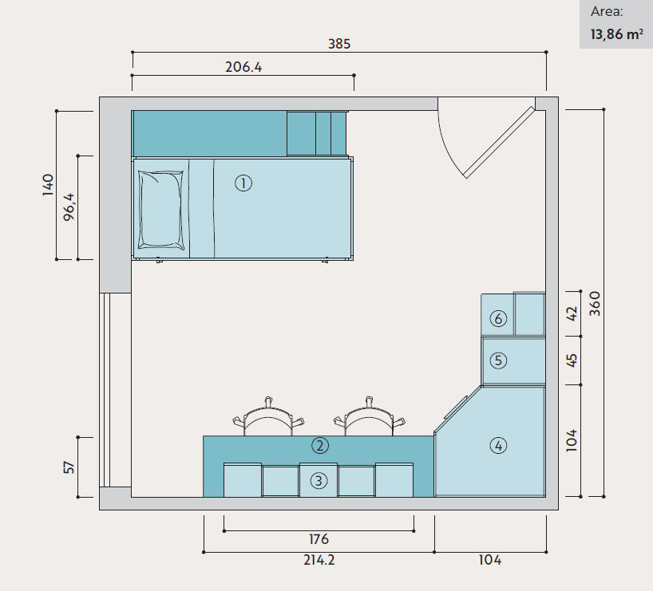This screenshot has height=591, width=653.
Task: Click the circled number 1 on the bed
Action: [x=243, y=183]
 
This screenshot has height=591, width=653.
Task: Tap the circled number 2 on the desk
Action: [x=320, y=446]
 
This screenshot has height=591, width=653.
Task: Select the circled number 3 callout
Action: [x=319, y=481]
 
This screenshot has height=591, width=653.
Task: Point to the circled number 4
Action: [x=498, y=446]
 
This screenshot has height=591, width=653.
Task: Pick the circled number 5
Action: [x=498, y=361]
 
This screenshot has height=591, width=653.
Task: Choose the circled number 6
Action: [x=498, y=319]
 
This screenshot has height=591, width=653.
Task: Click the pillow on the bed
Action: [x=160, y=211]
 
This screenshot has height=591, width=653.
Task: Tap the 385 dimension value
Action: [x=339, y=44]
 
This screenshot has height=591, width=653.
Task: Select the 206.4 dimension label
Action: [x=243, y=67]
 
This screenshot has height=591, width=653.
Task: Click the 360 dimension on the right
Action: [x=596, y=303]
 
